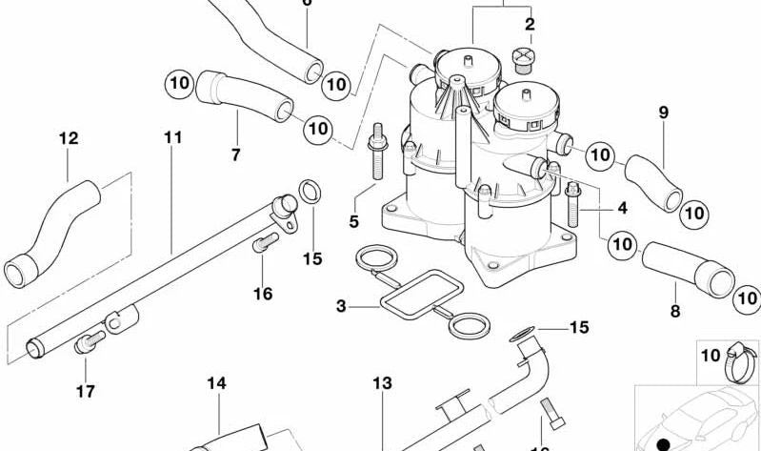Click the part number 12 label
pyautogui.click(x=68, y=138)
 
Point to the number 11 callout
pyautogui.click(x=171, y=137)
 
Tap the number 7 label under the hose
pyautogui.click(x=235, y=154)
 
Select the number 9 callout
pyautogui.click(x=664, y=113)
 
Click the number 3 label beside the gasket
pyautogui.click(x=341, y=307)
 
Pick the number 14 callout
pyautogui.click(x=217, y=383)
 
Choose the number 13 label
pyautogui.click(x=381, y=383)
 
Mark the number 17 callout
pyautogui.click(x=85, y=390)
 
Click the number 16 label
pyautogui.click(x=263, y=293)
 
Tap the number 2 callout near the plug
pyautogui.click(x=529, y=23)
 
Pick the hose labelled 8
pyautogui.click(x=686, y=267)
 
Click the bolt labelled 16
pyautogui.click(x=261, y=246)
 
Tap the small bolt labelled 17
pyautogui.click(x=87, y=342)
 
